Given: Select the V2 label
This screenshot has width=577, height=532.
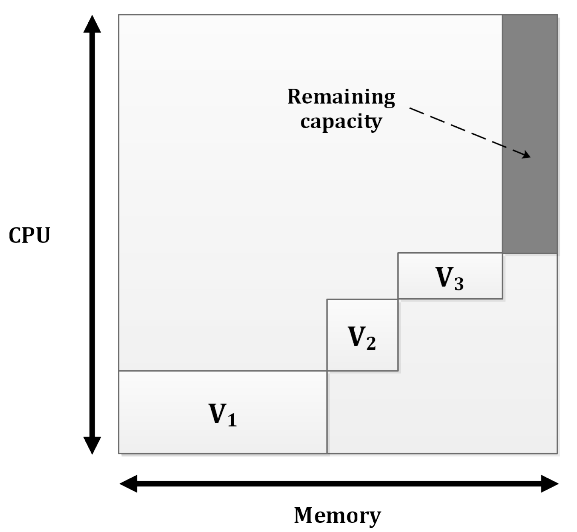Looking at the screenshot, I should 362,338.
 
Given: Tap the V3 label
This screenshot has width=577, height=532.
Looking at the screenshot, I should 449,278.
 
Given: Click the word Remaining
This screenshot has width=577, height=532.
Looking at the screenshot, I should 341,97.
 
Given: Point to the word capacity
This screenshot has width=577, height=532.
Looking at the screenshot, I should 341,122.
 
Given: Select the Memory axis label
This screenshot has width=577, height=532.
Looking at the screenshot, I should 337,515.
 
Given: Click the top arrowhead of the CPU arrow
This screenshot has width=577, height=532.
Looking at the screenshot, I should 92,24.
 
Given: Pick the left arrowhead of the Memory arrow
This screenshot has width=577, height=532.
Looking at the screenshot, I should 129,484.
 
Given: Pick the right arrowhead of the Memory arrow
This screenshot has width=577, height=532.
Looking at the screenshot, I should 549,484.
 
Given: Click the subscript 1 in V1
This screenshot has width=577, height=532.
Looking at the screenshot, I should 232,420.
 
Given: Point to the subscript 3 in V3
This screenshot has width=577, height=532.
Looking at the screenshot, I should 459,284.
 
